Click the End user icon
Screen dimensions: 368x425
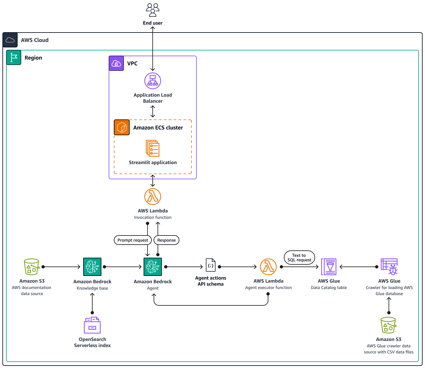click(153, 10)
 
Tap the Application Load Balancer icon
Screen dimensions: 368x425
click(153, 81)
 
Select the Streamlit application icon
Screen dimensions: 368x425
click(153, 148)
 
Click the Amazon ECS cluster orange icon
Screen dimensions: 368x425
click(122, 127)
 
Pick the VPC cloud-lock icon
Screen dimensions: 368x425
click(116, 63)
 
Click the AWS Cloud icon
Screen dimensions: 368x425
click(10, 40)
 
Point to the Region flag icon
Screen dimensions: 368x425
click(14, 57)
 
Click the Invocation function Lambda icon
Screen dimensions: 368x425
click(153, 197)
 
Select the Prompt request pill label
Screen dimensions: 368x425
click(133, 240)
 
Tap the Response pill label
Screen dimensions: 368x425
click(166, 240)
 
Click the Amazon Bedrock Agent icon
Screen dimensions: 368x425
click(153, 267)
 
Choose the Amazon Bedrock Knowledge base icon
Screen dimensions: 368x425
click(92, 267)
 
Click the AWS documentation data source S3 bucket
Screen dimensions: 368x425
click(32, 267)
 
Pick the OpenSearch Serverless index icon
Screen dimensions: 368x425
click(92, 325)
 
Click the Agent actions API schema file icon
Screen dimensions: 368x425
click(211, 265)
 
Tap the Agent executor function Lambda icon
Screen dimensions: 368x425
click(268, 267)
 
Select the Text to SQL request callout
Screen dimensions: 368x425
click(299, 258)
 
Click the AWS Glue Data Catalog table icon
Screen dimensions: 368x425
click(329, 267)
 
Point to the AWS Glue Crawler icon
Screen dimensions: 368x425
click(389, 267)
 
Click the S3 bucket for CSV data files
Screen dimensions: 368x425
click(389, 325)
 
